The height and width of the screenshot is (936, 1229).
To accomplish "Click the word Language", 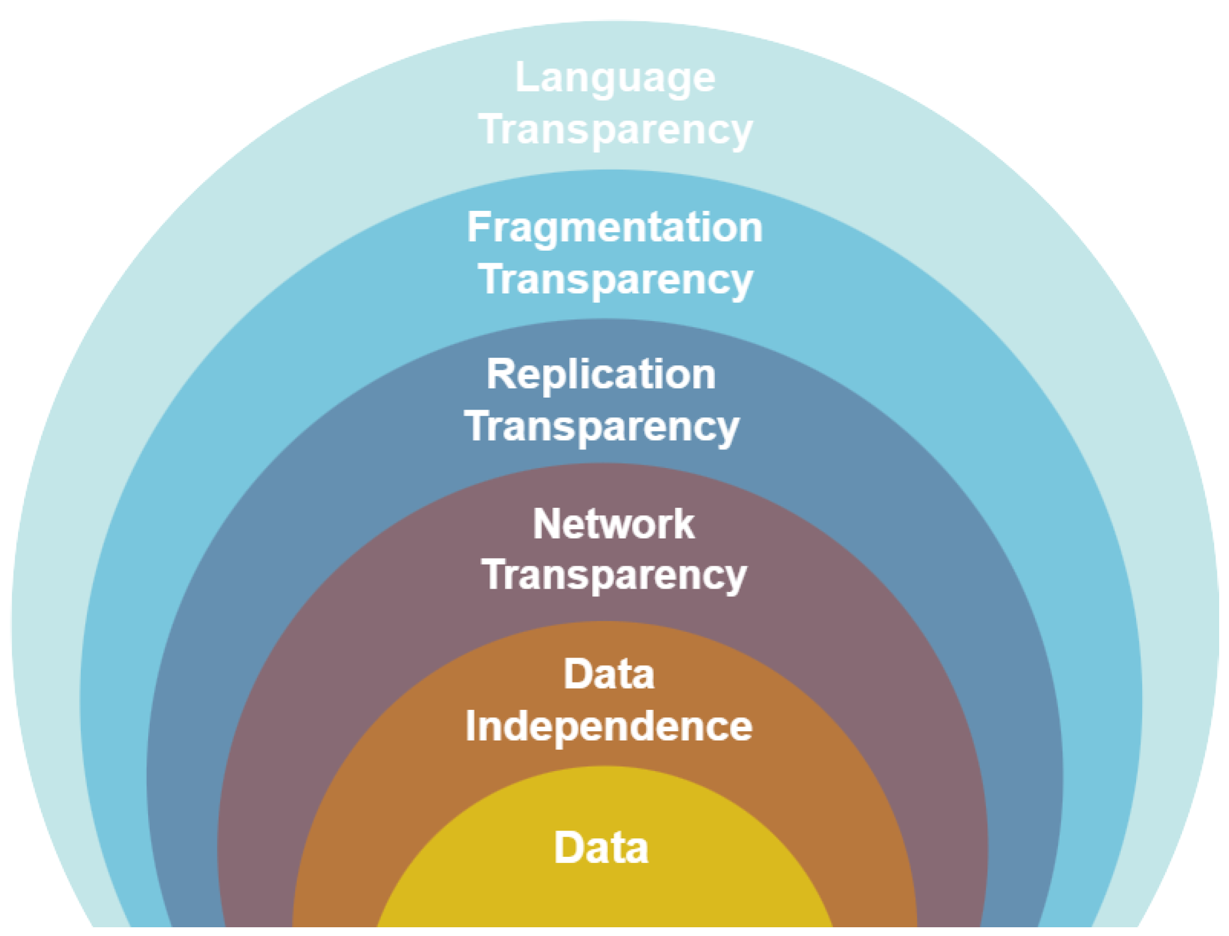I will pyautogui.click(x=615, y=78).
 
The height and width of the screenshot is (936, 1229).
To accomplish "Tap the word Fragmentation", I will pyautogui.click(x=614, y=228).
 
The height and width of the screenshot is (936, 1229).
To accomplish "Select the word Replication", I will pyautogui.click(x=601, y=375).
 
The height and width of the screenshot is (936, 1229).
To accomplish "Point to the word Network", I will pyautogui.click(x=614, y=524).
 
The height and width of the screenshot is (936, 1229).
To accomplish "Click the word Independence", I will pyautogui.click(x=609, y=726).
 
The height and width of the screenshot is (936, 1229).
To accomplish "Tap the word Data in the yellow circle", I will pyautogui.click(x=601, y=848).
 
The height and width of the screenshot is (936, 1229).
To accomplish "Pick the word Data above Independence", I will pyautogui.click(x=609, y=674).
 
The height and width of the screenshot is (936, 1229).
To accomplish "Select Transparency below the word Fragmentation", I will pyautogui.click(x=615, y=280).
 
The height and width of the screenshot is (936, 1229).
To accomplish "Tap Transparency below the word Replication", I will pyautogui.click(x=602, y=427).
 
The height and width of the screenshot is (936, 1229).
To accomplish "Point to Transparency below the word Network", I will pyautogui.click(x=614, y=575).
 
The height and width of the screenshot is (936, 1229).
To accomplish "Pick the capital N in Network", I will pyautogui.click(x=546, y=524).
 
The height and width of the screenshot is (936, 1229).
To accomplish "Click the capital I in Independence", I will pyautogui.click(x=471, y=726).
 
